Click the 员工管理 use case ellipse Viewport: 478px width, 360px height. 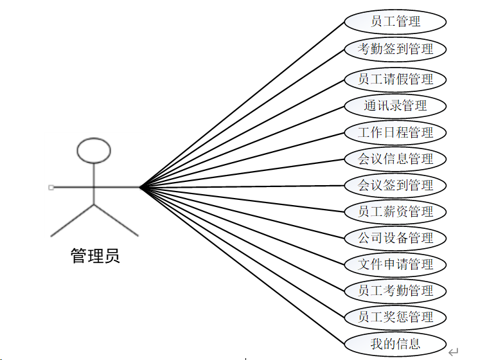[x=395, y=21]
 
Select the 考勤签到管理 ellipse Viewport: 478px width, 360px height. [x=395, y=48]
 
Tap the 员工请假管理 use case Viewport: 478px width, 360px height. [x=395, y=80]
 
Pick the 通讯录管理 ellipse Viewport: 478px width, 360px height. [x=395, y=106]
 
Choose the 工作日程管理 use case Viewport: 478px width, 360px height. [x=395, y=133]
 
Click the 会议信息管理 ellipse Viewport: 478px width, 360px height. [x=395, y=159]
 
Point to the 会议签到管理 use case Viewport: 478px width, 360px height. [x=395, y=186]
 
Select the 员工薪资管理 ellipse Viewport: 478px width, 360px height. [x=395, y=212]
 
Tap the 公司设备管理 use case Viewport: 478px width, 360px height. [x=395, y=238]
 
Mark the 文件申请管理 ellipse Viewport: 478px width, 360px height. [x=395, y=264]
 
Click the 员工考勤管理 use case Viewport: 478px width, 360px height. [x=395, y=291]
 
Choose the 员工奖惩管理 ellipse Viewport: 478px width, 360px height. [x=395, y=317]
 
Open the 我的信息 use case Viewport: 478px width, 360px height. [x=395, y=343]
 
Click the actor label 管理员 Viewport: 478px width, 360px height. [x=95, y=256]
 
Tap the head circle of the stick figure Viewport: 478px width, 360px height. [x=94, y=150]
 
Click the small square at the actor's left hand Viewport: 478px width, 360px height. [x=51, y=187]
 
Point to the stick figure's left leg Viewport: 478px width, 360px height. [x=73, y=220]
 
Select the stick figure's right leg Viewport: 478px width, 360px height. [x=116, y=220]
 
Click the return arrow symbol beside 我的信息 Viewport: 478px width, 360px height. [x=453, y=351]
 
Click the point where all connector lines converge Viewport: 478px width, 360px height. [x=140, y=187]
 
